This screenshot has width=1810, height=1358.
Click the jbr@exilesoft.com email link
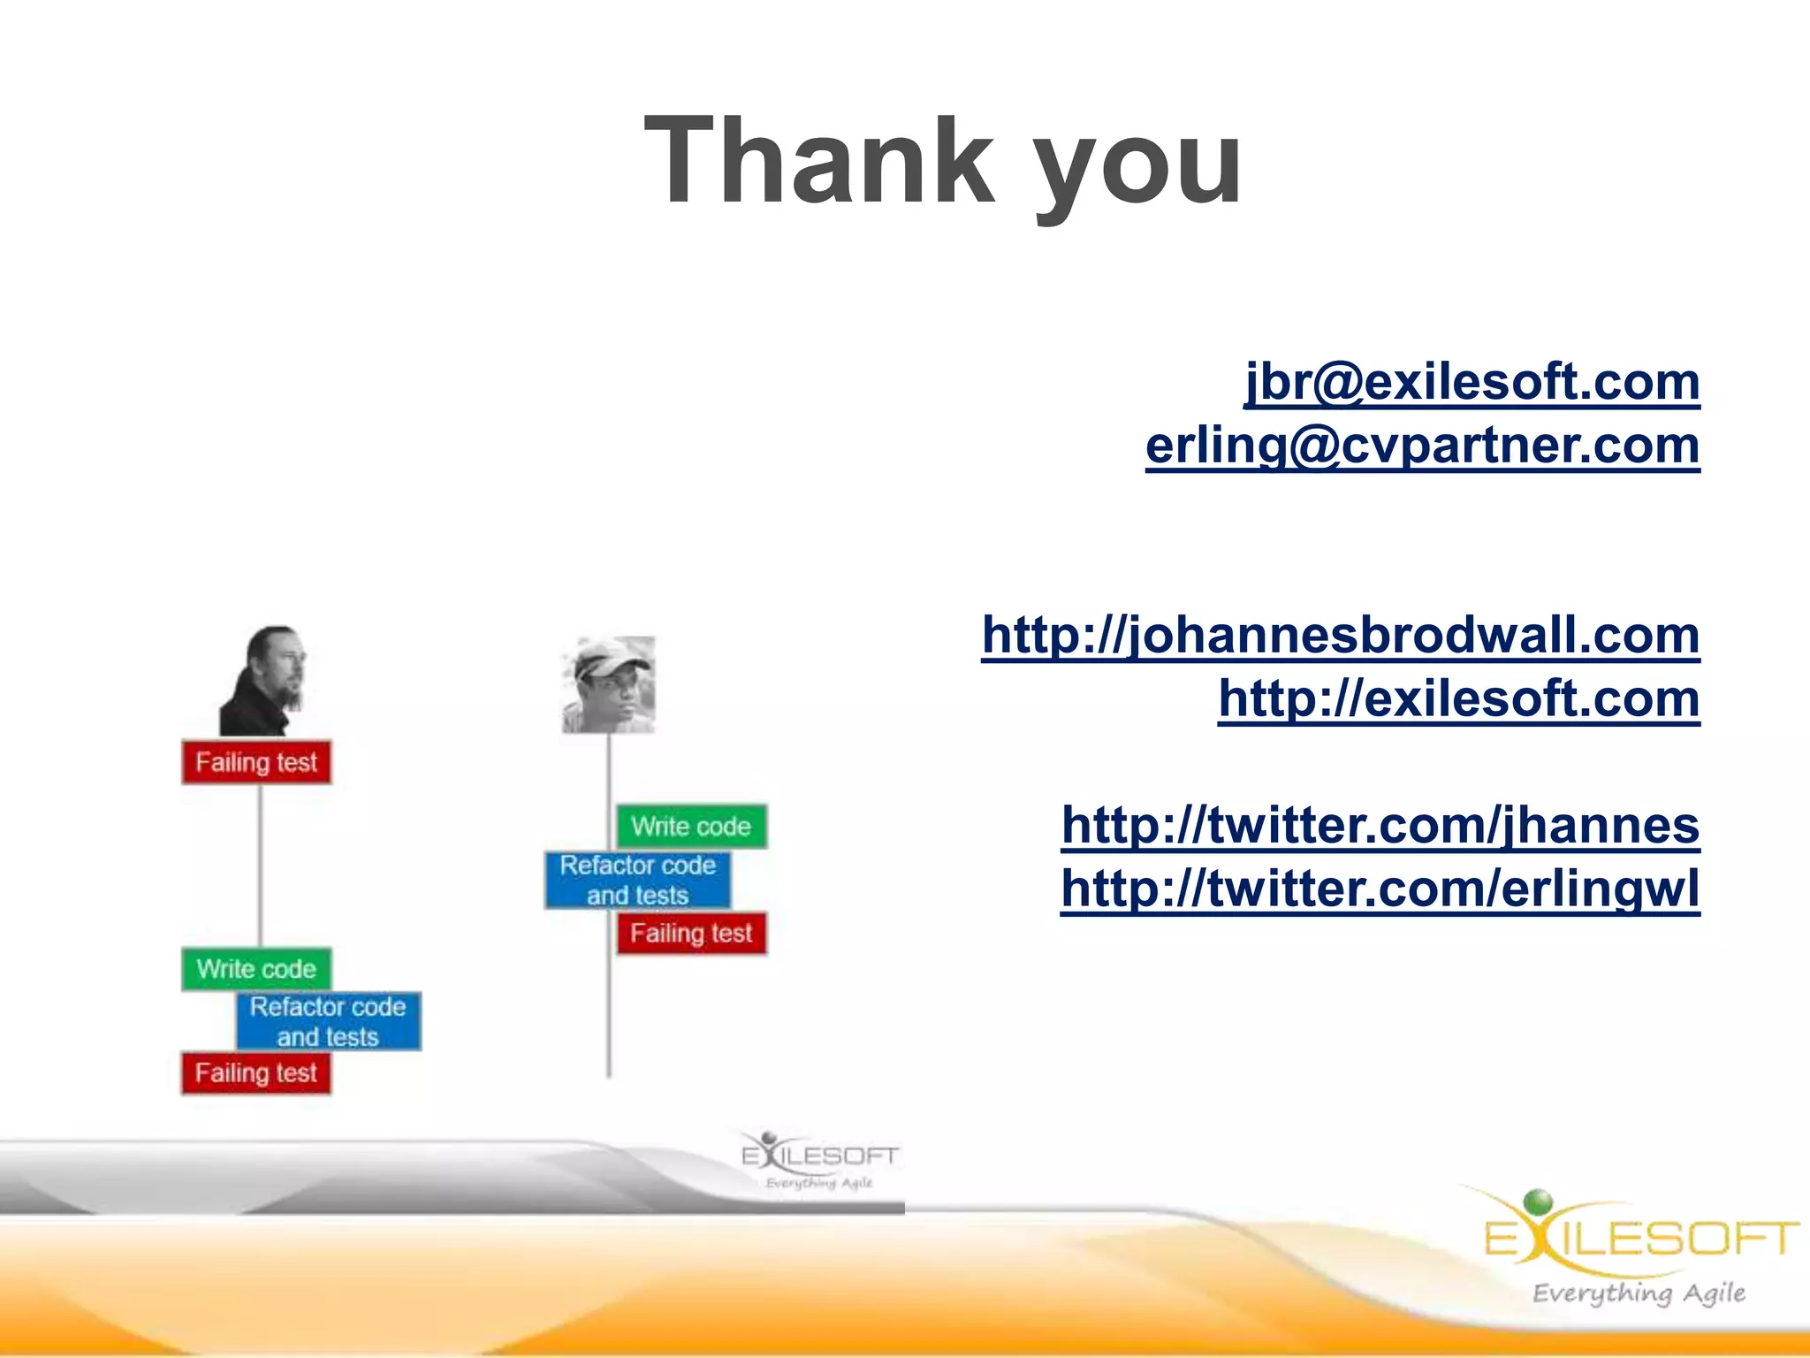(1472, 382)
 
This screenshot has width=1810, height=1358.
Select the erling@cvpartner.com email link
(1422, 446)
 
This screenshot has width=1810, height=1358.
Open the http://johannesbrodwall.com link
(1340, 635)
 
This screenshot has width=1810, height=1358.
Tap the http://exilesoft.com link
(1458, 698)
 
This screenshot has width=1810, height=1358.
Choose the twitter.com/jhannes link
(1380, 825)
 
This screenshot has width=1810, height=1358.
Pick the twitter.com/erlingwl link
(1380, 889)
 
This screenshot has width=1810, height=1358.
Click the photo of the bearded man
(263, 681)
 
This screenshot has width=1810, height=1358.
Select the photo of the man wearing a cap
(609, 684)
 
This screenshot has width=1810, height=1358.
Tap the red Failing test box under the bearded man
(256, 762)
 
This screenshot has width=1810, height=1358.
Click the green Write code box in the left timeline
(256, 969)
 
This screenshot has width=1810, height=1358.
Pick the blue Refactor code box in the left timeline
(328, 1021)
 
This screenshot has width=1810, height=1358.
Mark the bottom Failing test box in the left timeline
(256, 1073)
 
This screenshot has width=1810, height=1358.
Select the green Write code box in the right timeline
(691, 827)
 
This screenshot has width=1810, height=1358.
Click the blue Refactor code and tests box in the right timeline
(637, 880)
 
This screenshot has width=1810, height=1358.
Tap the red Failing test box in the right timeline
(691, 934)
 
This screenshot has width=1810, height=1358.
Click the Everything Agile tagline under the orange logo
(1639, 1293)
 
